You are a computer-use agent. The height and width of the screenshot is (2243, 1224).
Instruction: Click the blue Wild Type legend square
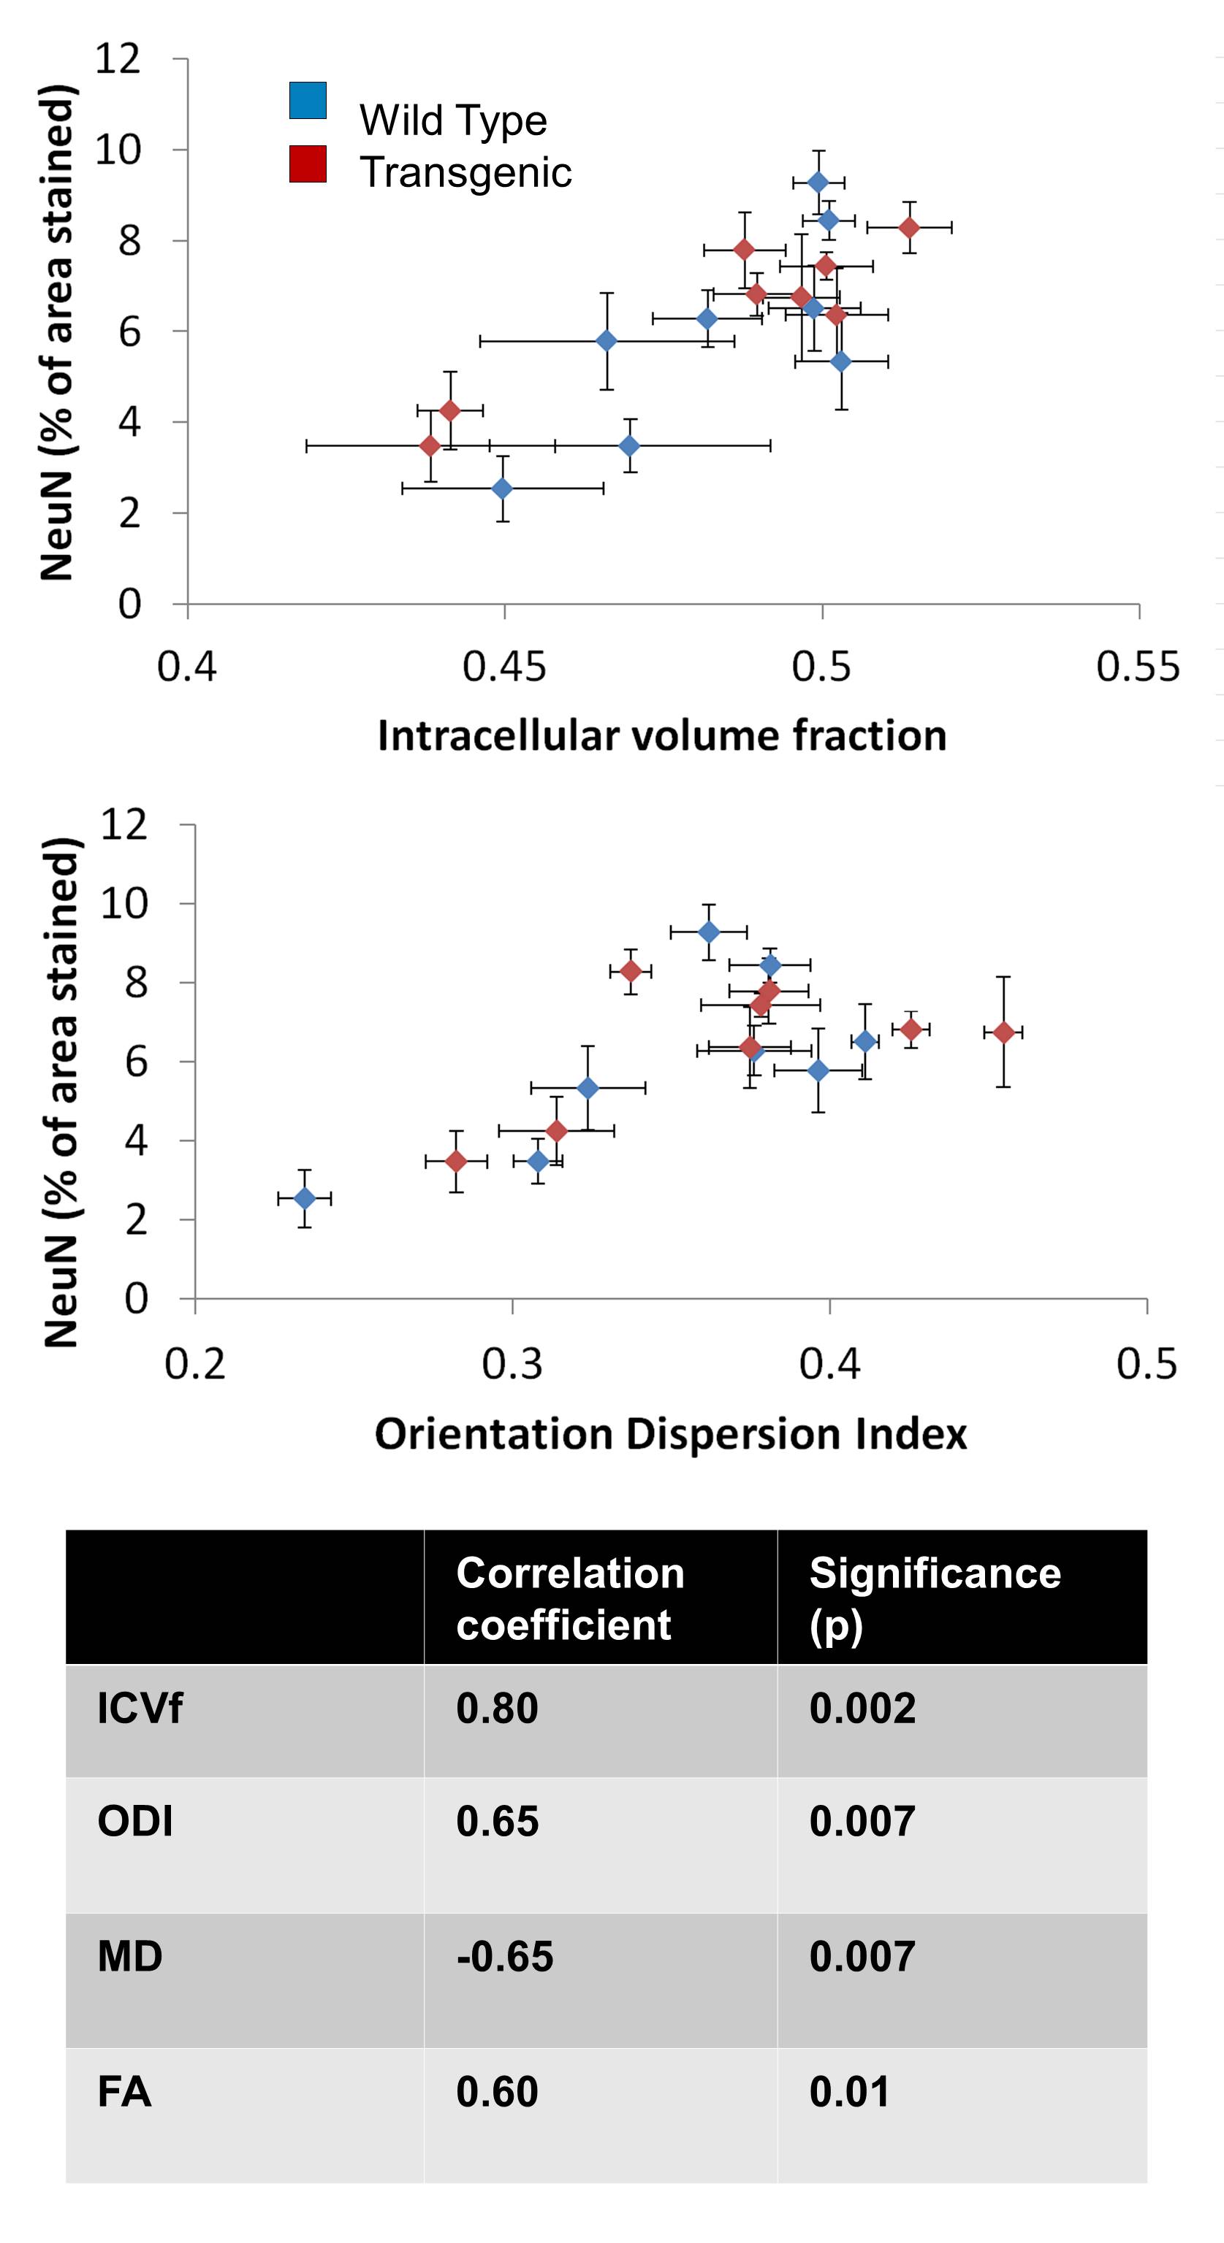click(x=308, y=100)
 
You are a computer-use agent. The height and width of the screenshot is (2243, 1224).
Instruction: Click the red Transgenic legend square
click(x=308, y=164)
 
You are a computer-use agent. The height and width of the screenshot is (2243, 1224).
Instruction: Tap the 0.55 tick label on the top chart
click(x=1138, y=667)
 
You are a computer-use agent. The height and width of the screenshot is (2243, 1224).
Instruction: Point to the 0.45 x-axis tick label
click(x=504, y=667)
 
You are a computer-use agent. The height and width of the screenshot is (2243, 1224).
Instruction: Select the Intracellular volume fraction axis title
click(x=661, y=736)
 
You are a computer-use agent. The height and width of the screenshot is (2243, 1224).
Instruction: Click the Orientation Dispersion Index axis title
click(x=670, y=1434)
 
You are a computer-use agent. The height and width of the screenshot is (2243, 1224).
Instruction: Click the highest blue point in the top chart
click(x=818, y=182)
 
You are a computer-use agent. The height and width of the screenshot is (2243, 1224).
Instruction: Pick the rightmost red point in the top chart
click(x=908, y=227)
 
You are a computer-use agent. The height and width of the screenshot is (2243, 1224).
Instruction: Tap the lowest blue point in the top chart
click(x=503, y=488)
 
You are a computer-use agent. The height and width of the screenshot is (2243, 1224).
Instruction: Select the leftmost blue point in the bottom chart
click(x=304, y=1199)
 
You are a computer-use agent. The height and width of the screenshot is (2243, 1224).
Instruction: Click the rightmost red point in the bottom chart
click(x=1003, y=1032)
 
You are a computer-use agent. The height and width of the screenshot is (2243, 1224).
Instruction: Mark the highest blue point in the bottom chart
click(x=709, y=932)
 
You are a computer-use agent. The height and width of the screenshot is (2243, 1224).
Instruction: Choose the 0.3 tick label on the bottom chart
click(x=512, y=1365)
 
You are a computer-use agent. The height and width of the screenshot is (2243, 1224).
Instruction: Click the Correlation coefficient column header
click(x=570, y=1599)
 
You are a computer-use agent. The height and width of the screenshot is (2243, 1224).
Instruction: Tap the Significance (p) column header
click(x=935, y=1599)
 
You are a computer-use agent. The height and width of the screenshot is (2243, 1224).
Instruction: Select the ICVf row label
click(x=140, y=1709)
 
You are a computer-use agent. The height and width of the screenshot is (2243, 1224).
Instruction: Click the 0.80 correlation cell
click(x=498, y=1709)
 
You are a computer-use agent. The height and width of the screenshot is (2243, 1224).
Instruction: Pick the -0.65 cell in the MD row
click(x=504, y=1957)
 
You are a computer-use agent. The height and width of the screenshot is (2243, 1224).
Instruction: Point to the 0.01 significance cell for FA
click(x=849, y=2091)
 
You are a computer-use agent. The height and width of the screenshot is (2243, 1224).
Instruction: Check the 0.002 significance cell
click(x=862, y=1709)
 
